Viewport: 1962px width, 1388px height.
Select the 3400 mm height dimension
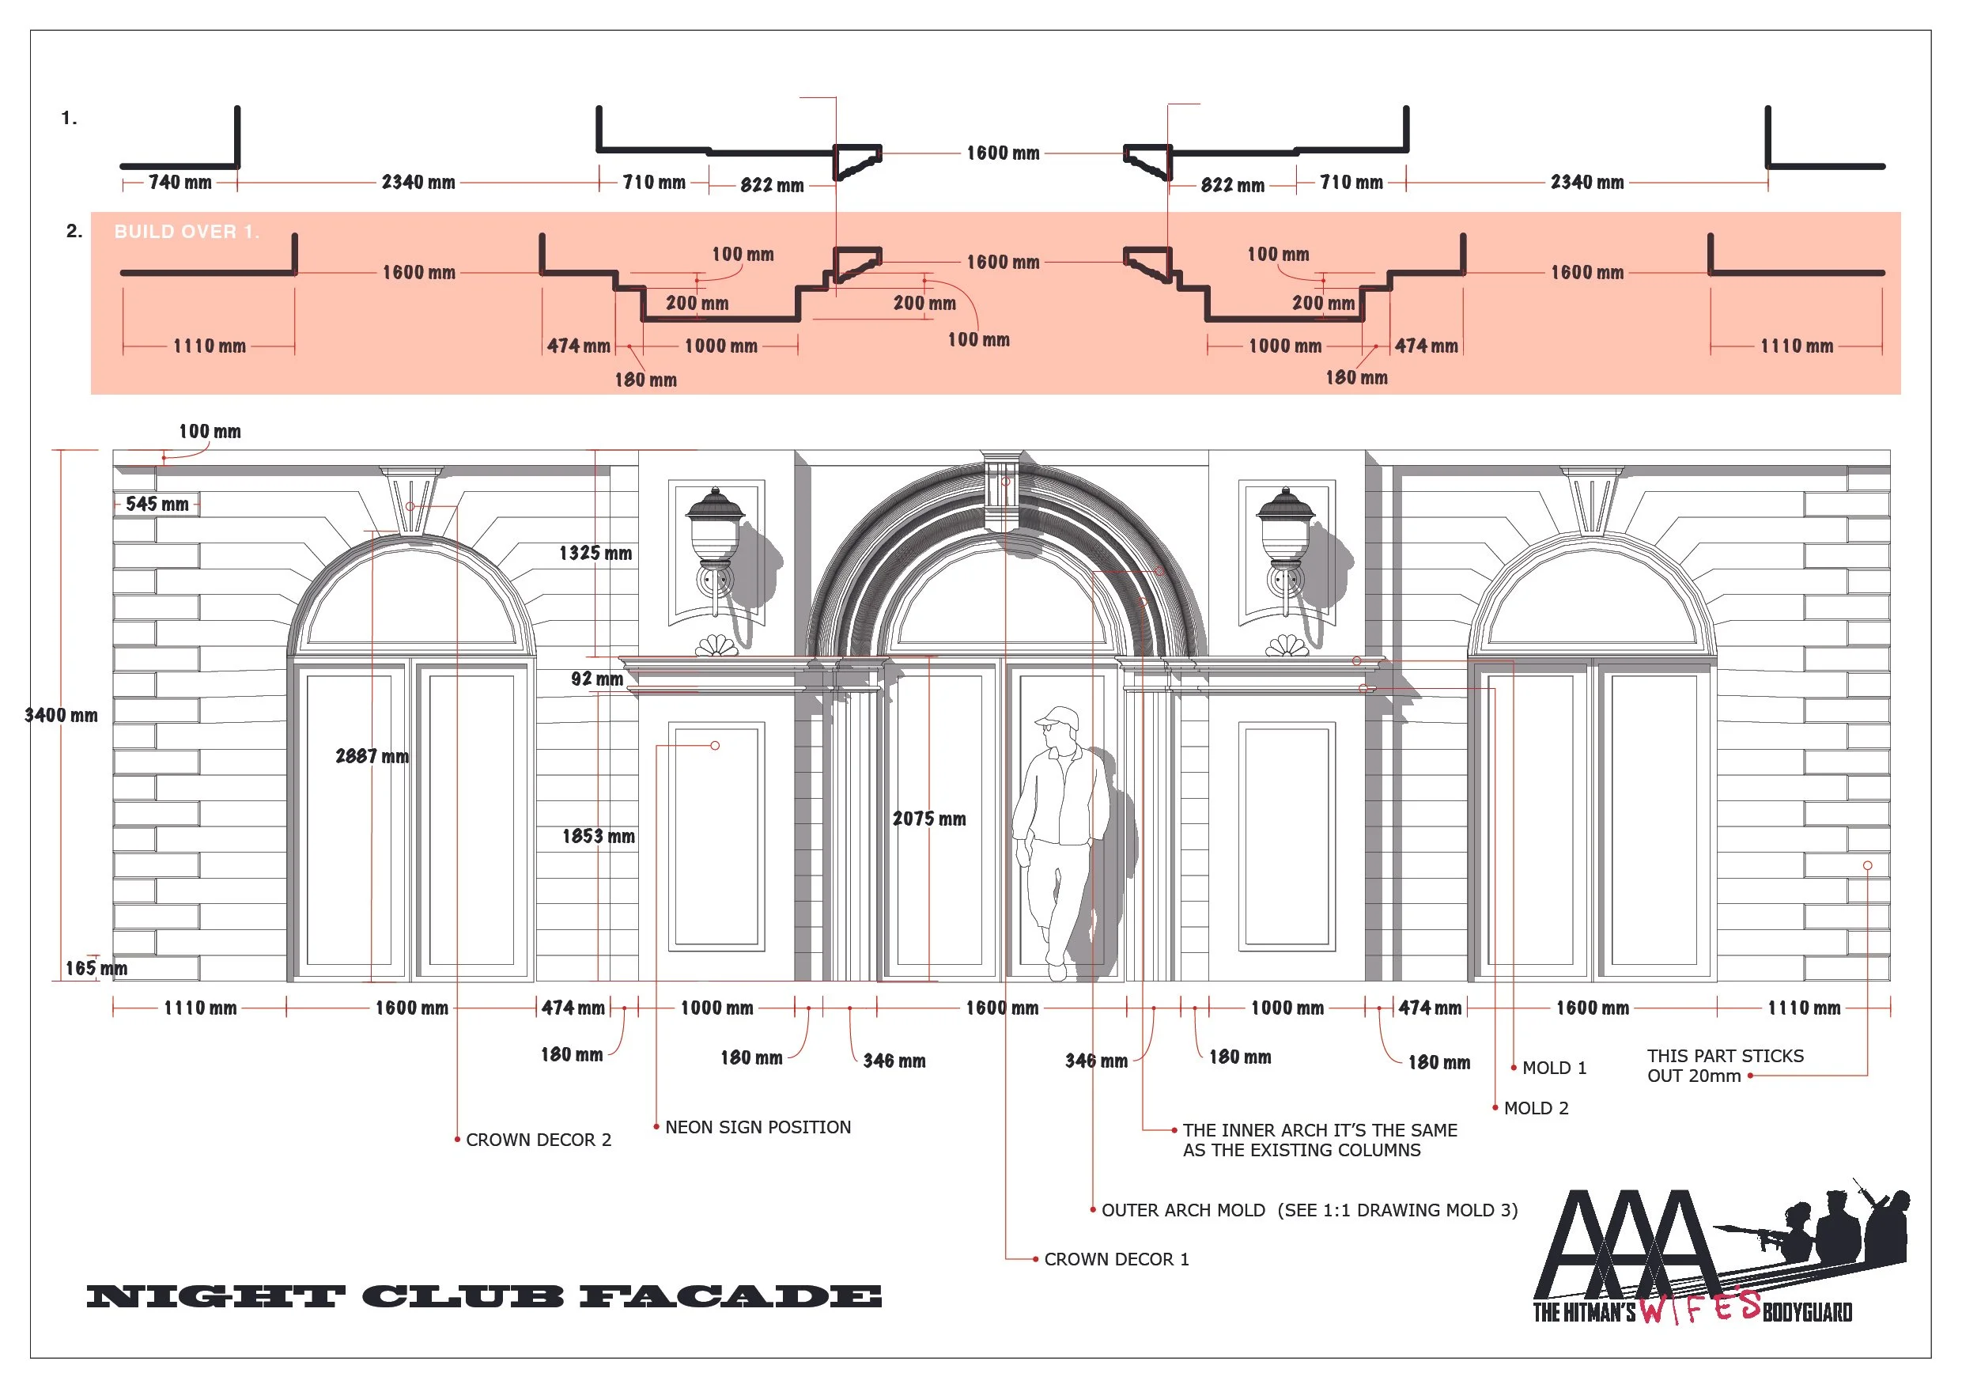tap(62, 716)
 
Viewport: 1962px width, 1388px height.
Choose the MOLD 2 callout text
tap(1536, 1108)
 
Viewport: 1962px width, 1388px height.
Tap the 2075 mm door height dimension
tap(929, 819)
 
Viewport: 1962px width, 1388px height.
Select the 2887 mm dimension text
tap(372, 756)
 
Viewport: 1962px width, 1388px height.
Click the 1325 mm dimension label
tap(595, 553)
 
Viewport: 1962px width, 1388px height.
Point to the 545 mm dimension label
tap(157, 505)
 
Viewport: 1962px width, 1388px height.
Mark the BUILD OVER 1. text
tap(187, 232)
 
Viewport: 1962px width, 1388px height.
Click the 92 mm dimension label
tap(596, 679)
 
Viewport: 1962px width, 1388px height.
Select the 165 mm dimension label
tap(96, 968)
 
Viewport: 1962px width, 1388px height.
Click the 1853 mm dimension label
tap(598, 836)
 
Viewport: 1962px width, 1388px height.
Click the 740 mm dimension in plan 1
tap(180, 182)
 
